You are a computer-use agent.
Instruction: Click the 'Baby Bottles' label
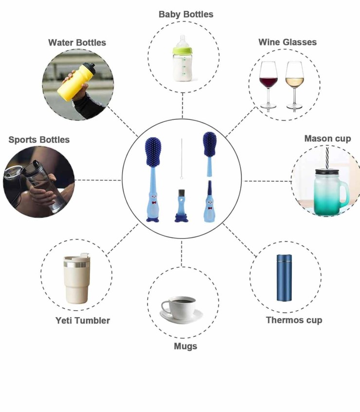pos(186,15)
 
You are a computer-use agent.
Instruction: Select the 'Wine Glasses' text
pos(287,42)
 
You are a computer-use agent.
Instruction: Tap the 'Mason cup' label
pos(327,139)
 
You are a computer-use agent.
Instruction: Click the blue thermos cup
pos(284,277)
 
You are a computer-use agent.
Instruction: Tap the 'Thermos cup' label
pos(294,320)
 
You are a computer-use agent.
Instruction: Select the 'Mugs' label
pos(185,346)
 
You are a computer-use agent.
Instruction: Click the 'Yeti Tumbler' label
pos(83,320)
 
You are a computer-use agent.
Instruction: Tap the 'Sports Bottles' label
pos(39,140)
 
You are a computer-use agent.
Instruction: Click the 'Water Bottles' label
pos(77,43)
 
